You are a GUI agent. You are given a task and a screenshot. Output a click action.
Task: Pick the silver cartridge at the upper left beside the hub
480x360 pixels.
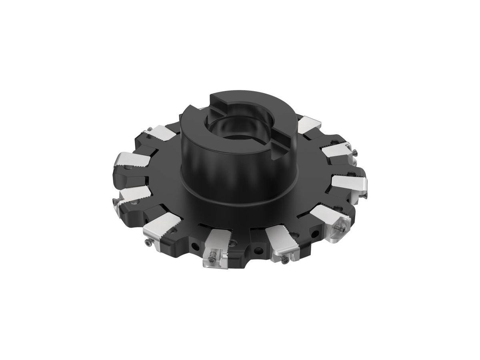[x=164, y=132]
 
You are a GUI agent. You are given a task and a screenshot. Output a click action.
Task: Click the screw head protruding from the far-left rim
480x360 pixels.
[x=117, y=200]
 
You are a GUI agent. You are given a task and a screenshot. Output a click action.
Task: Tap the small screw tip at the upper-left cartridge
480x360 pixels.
[x=149, y=129]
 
